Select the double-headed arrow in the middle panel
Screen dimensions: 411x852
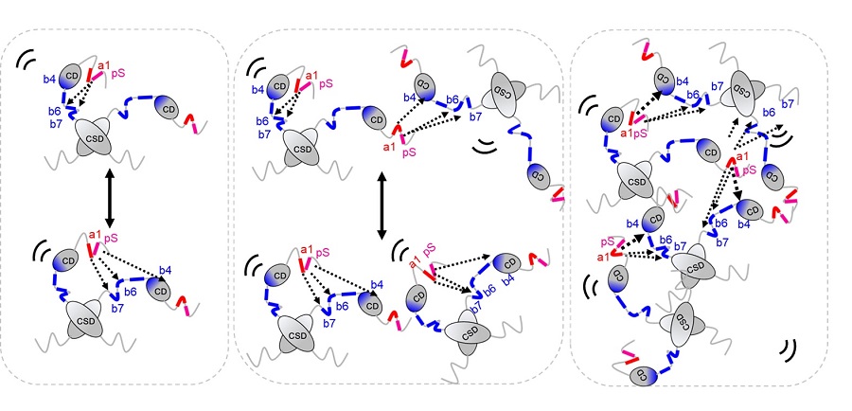point(381,205)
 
